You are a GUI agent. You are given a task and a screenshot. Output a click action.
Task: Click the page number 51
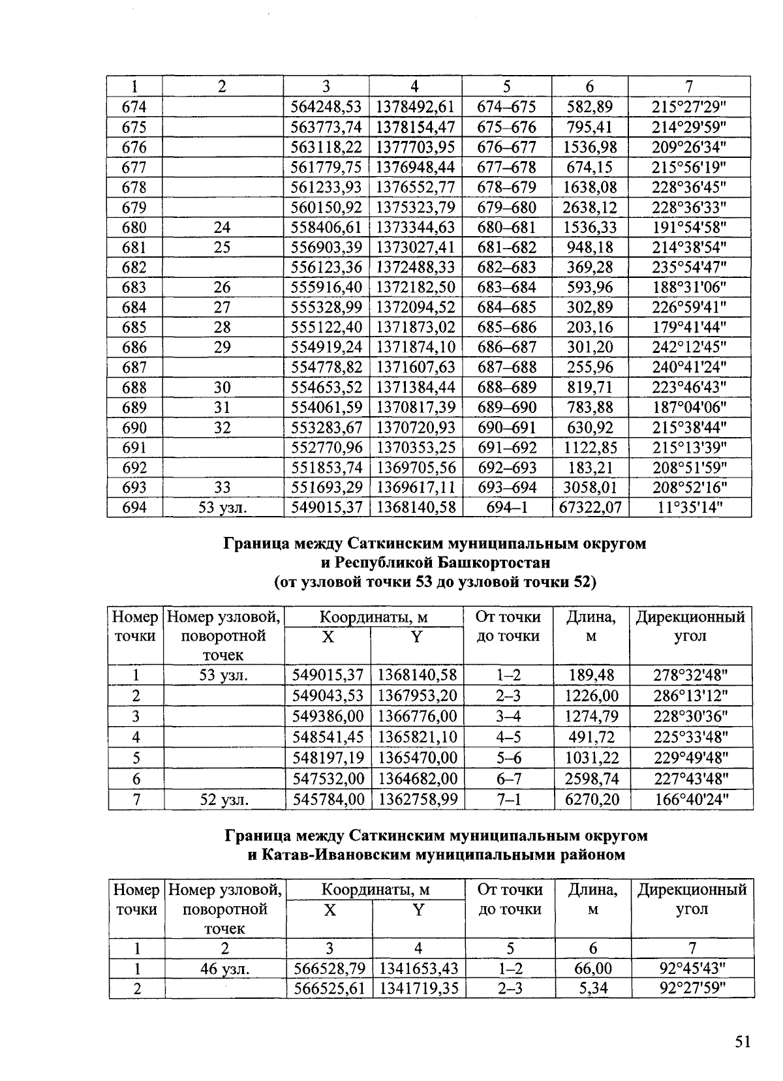[743, 1041]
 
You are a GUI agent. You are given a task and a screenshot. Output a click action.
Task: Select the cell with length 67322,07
[591, 507]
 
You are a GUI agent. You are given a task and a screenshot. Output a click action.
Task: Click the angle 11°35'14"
[690, 507]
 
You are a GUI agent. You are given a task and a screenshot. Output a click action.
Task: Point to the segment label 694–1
[506, 507]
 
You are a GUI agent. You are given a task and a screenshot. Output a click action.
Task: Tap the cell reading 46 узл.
[224, 969]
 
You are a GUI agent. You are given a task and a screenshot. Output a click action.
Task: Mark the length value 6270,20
[592, 799]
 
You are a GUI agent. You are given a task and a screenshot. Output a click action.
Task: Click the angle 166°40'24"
[691, 799]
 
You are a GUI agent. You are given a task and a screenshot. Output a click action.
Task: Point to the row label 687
[134, 367]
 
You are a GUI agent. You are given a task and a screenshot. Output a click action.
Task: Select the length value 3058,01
[591, 487]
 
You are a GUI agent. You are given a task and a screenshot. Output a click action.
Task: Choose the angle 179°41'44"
[690, 327]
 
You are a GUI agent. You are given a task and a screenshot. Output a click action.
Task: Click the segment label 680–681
[506, 227]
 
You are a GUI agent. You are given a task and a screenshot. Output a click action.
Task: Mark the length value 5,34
[593, 988]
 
